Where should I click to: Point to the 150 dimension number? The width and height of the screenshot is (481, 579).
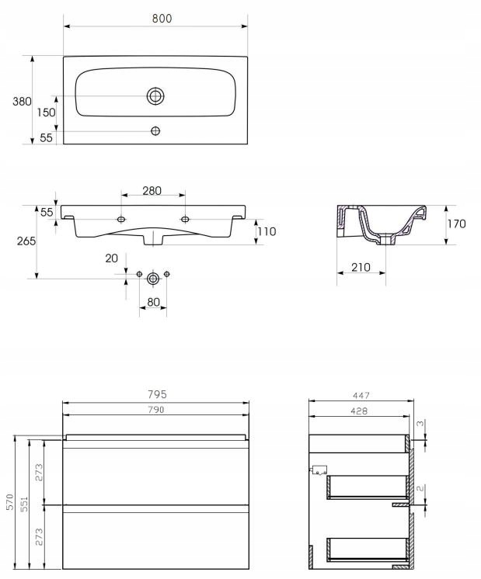46,113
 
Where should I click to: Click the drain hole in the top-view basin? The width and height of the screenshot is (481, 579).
155,96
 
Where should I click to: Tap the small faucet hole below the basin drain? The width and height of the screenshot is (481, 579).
155,130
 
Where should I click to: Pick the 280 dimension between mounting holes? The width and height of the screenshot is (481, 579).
152,191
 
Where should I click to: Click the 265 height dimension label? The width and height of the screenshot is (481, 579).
25,241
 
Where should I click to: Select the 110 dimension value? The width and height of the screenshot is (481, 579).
267,231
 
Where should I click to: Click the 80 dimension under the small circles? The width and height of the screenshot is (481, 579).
152,302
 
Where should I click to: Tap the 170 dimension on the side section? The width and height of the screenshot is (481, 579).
457,224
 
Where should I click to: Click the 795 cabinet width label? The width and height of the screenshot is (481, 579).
156,394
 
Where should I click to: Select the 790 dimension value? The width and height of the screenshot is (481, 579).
156,410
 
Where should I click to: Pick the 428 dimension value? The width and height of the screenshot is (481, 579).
358,411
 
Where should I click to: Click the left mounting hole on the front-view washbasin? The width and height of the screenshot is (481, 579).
121,220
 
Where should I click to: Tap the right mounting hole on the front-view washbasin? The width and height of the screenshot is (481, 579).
185,220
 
